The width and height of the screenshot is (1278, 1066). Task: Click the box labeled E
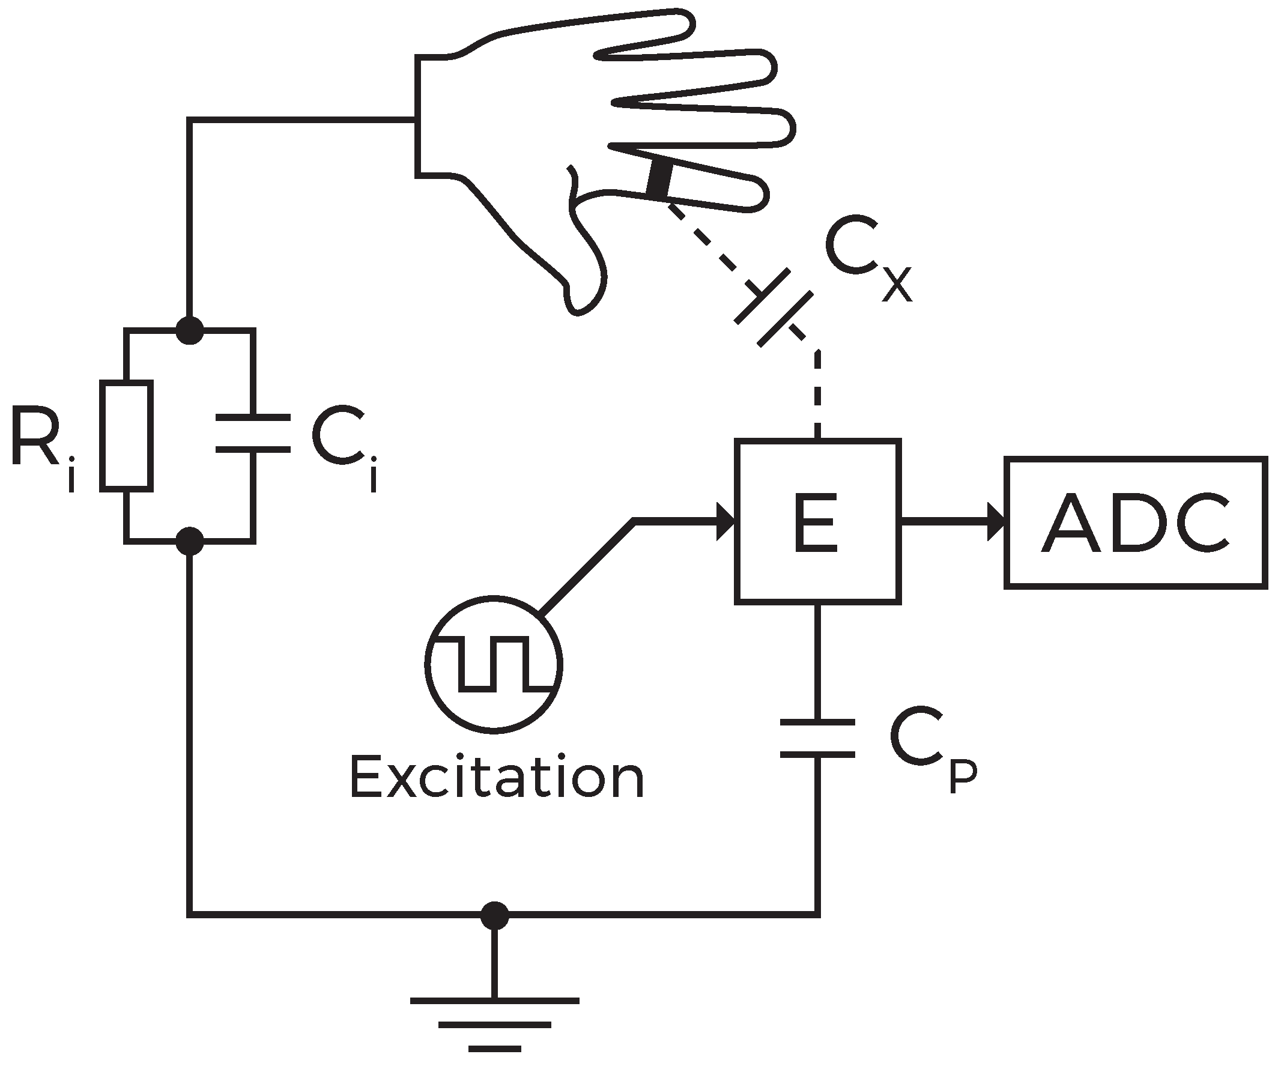(x=817, y=521)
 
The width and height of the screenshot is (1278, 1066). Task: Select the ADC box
(x=1136, y=522)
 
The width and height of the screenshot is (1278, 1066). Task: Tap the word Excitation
(x=497, y=778)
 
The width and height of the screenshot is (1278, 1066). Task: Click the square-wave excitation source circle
(x=494, y=664)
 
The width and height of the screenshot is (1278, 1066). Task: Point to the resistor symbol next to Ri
(x=126, y=435)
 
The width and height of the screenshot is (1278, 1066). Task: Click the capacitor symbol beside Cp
(x=817, y=739)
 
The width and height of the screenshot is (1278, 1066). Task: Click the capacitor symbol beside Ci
(x=253, y=433)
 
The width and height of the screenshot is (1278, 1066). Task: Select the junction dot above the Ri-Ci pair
(x=190, y=330)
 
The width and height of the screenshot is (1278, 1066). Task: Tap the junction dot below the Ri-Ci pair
(x=190, y=541)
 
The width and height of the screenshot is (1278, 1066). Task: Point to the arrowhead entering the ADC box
(x=996, y=521)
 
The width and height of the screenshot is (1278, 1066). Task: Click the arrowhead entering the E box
(x=726, y=521)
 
